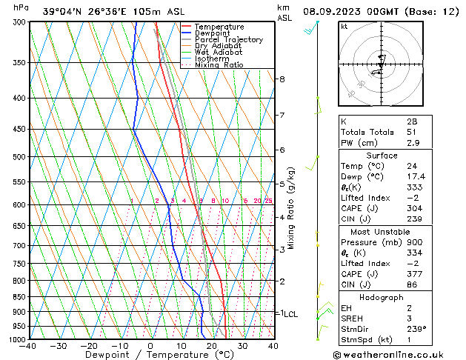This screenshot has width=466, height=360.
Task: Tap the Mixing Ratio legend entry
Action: click(219, 65)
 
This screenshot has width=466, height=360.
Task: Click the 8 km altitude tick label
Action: click(282, 79)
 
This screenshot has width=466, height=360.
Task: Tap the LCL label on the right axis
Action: click(290, 314)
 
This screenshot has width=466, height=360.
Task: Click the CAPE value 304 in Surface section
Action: click(413, 208)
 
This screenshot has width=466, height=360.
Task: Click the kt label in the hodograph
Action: click(344, 27)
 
